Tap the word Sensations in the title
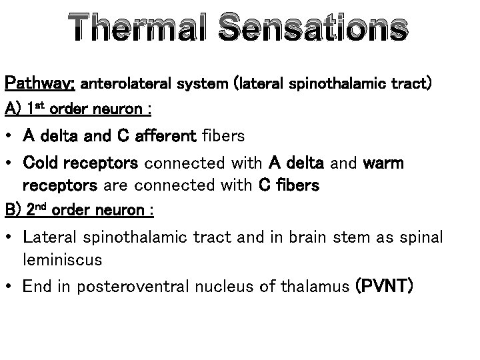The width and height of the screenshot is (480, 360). [x=312, y=31]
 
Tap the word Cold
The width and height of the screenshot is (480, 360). [x=41, y=163]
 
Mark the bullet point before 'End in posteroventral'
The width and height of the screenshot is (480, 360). [x=11, y=287]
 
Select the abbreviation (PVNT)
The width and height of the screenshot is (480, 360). [x=385, y=287]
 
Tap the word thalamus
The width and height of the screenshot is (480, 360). [x=319, y=287]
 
